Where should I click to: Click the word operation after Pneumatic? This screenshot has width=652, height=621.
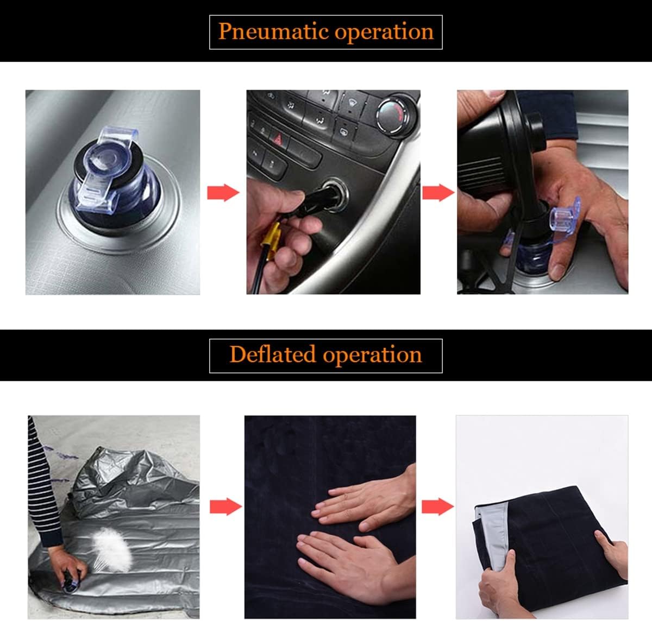click(384, 33)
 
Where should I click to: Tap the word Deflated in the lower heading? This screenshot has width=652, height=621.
click(272, 354)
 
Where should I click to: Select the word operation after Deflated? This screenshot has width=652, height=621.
click(372, 356)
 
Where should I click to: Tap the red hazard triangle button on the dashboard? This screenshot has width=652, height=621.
click(278, 138)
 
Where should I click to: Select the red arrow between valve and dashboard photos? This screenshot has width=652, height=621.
click(223, 193)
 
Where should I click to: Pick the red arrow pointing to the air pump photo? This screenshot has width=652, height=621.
click(438, 193)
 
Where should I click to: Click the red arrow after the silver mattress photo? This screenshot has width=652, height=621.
click(225, 506)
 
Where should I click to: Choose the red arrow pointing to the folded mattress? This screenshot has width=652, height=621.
click(437, 506)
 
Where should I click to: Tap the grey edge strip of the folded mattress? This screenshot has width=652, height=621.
click(491, 534)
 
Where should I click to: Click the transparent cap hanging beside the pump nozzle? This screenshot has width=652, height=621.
click(565, 214)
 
